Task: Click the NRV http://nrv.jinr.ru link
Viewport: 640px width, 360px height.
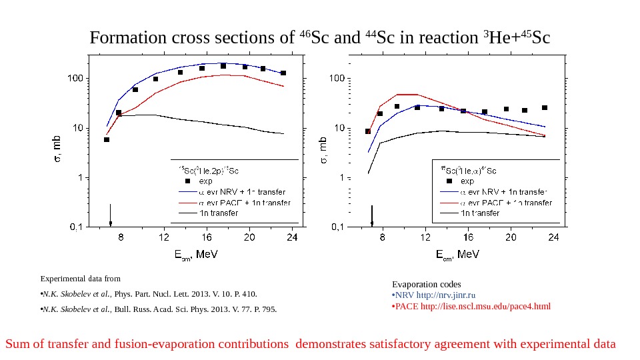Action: [436, 295]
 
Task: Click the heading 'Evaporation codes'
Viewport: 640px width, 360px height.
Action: [426, 284]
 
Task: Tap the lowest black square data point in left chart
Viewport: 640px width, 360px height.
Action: [107, 139]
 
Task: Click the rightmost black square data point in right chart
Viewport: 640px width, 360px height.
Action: [545, 107]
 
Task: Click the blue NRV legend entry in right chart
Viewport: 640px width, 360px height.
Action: [505, 192]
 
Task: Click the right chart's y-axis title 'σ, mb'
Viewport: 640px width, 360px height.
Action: [323, 150]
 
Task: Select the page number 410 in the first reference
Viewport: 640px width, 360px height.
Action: [248, 294]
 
